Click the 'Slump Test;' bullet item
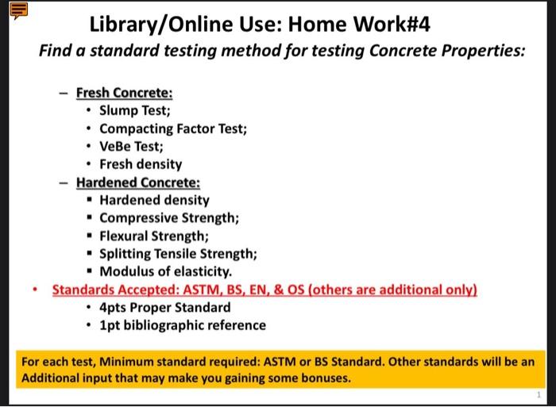tap(134, 110)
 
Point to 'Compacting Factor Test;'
tap(173, 129)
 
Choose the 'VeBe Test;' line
tap(131, 147)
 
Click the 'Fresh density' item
tap(141, 164)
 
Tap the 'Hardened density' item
tap(154, 200)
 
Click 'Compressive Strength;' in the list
tap(169, 218)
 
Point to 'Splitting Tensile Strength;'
tap(178, 254)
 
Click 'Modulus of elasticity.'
tap(165, 271)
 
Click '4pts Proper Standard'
tap(164, 307)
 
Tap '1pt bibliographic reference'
tap(182, 325)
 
